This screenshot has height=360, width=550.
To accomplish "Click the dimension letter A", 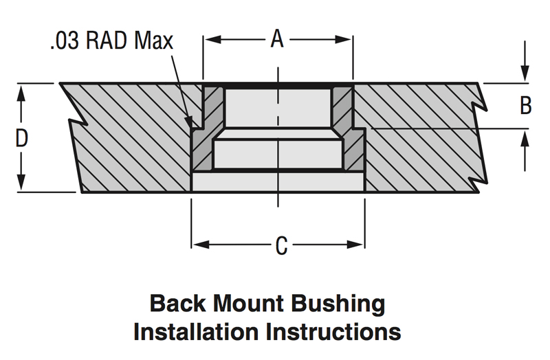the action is pos(277,38).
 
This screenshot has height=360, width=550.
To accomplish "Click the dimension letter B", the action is pos(525,106).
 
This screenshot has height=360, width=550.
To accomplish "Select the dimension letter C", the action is pos(281,245).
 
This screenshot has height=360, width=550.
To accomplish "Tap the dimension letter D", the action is pos(22,138).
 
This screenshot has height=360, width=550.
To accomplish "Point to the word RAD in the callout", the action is pos(107,41).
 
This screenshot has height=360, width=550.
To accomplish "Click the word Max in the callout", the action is pos(153,41).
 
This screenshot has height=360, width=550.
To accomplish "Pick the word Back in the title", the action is pos(177,303).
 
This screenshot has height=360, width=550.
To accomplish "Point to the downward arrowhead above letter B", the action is pos(525,74).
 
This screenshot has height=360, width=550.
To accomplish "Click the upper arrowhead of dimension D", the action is pos(21,93).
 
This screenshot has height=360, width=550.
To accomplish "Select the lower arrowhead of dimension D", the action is pos(21,181).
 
